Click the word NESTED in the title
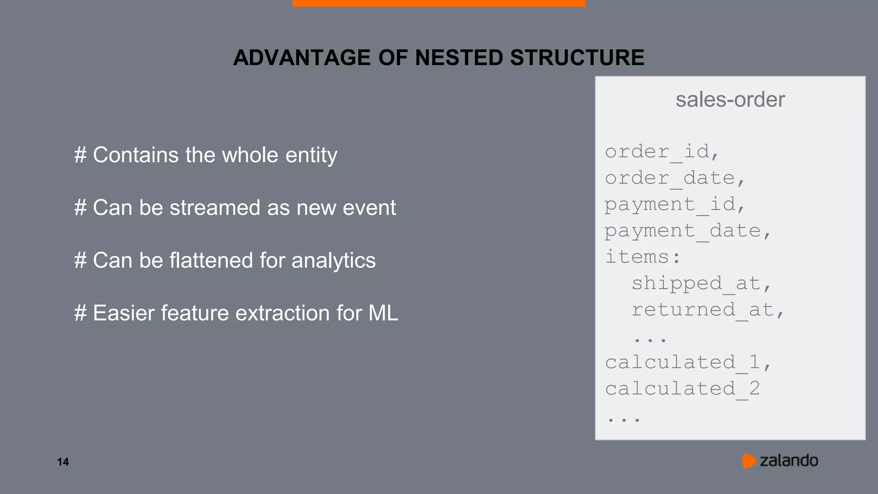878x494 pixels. click(x=459, y=57)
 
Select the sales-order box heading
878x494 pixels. click(x=730, y=99)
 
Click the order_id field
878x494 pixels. click(x=662, y=152)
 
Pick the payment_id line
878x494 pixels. click(x=675, y=205)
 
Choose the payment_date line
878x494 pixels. click(x=688, y=231)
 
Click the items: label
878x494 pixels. click(x=642, y=257)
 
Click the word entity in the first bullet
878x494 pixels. click(x=311, y=155)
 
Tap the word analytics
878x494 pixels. click(x=333, y=261)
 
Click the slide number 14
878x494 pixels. click(x=63, y=462)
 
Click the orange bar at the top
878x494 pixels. click(x=439, y=3)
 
